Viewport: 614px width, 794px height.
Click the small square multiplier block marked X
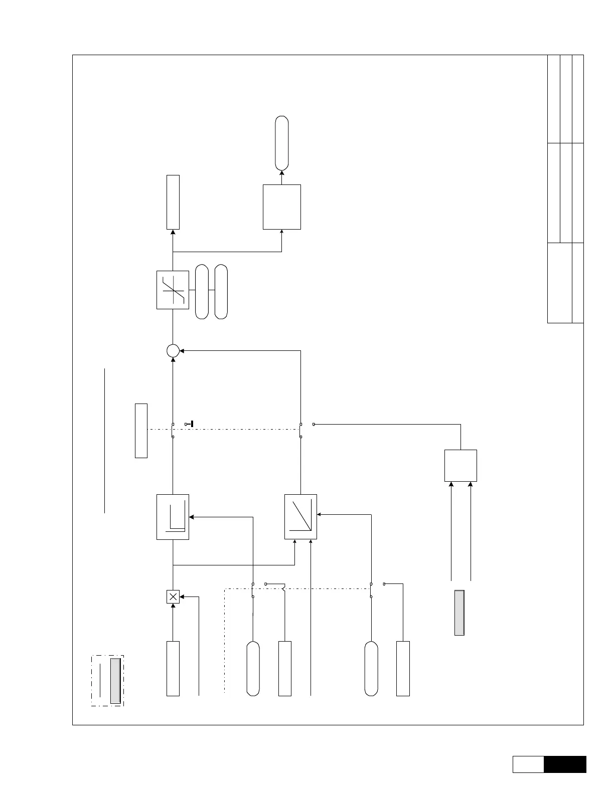tap(173, 597)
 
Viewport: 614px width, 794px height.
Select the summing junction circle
tap(173, 350)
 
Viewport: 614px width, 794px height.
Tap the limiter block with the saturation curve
tap(173, 290)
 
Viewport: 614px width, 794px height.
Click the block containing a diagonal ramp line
tap(300, 517)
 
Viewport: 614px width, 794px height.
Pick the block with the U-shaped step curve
tap(173, 517)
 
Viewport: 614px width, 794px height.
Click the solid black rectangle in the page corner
tap(565, 764)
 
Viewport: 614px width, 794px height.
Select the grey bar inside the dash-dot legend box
tap(115, 681)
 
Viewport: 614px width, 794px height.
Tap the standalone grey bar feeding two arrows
tap(459, 613)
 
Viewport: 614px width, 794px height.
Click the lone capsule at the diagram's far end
tap(282, 143)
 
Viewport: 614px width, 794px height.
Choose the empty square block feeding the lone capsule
tap(282, 207)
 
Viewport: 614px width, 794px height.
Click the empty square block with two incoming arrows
tap(460, 466)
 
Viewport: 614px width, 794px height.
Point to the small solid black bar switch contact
tap(192, 424)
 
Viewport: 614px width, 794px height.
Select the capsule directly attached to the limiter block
tap(202, 291)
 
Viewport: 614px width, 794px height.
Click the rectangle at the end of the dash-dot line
tap(141, 430)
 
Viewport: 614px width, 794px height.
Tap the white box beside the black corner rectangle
tap(528, 764)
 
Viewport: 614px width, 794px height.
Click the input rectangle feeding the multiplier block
tap(173, 668)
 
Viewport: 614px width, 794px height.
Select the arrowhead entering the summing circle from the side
tap(182, 350)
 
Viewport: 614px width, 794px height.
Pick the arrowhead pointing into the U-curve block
tap(192, 517)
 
